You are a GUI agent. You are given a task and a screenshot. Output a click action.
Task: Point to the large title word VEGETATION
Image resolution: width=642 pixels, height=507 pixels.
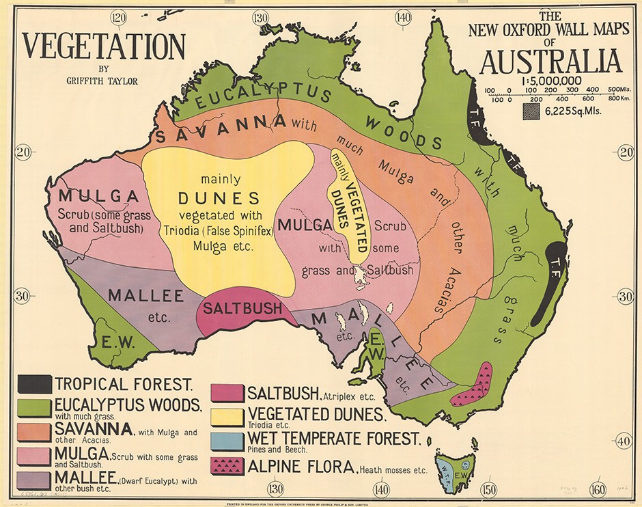(x=104, y=46)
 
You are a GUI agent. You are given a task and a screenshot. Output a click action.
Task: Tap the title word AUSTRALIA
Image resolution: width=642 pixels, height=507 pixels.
(x=550, y=61)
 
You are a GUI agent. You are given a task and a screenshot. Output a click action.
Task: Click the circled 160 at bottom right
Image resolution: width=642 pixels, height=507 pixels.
(x=598, y=489)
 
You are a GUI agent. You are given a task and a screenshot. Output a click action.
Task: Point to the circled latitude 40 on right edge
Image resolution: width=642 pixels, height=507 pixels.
(x=624, y=441)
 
